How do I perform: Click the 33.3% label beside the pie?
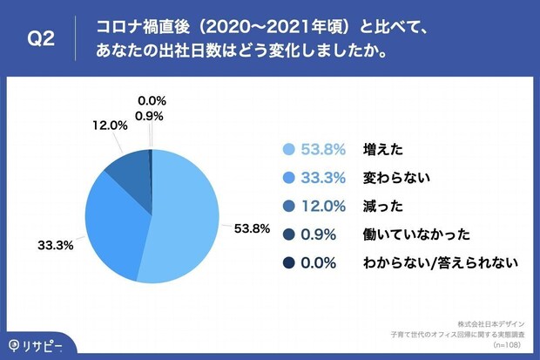tap(55, 246)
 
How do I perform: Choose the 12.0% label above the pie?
tap(111, 126)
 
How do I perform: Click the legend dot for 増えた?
tap(287, 150)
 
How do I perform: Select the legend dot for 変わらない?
tap(287, 178)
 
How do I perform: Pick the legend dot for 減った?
tap(287, 206)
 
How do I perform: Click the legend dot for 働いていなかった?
tap(287, 234)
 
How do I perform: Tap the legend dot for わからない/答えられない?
tap(287, 262)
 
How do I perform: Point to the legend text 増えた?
tap(382, 150)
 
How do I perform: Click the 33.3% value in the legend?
tap(324, 178)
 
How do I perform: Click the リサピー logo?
tap(37, 342)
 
